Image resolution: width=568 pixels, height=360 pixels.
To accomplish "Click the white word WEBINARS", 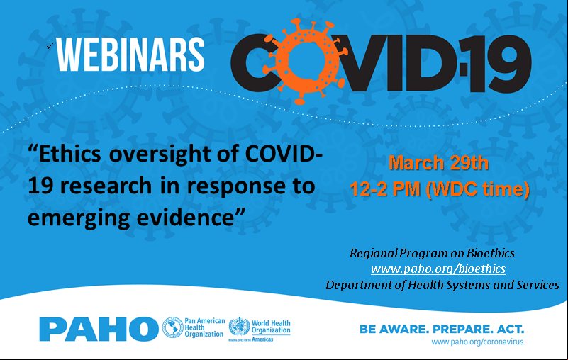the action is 130,55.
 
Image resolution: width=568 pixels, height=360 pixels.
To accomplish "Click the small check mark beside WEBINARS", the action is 50,45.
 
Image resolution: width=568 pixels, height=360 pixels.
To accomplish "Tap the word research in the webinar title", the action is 106,186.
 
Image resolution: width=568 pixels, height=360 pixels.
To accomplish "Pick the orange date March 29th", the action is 439,162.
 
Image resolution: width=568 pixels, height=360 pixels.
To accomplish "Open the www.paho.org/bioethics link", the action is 438,269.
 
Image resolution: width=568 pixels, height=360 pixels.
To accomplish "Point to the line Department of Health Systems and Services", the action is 442,285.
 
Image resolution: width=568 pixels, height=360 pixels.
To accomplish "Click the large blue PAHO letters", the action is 99,329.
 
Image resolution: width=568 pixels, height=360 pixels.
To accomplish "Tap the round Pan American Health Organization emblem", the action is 172,327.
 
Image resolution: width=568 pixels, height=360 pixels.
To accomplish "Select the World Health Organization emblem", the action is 239,326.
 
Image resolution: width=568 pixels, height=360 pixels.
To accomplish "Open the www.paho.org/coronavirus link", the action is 477,342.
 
